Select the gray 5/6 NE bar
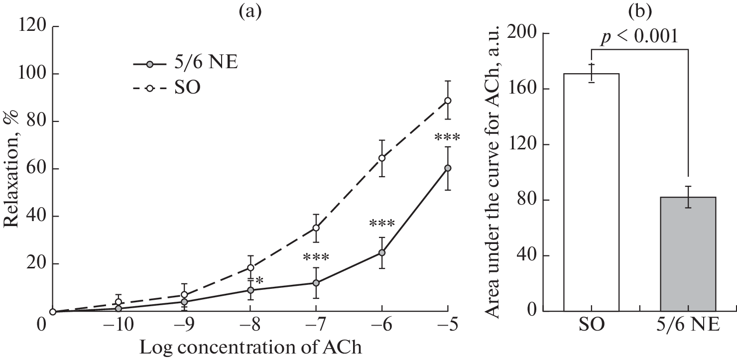pyautogui.click(x=688, y=254)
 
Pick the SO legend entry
pyautogui.click(x=169, y=89)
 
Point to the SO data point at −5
pyautogui.click(x=448, y=101)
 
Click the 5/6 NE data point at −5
pyautogui.click(x=448, y=168)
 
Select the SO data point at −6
pyautogui.click(x=382, y=158)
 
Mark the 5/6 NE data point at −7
pyautogui.click(x=316, y=283)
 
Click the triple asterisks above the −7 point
pyautogui.click(x=316, y=258)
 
